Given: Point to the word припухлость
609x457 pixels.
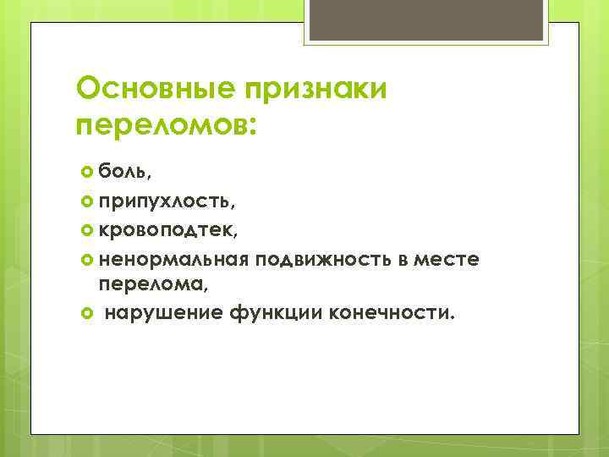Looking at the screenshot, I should pos(165,202).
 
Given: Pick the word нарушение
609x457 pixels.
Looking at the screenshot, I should pos(161,314).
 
